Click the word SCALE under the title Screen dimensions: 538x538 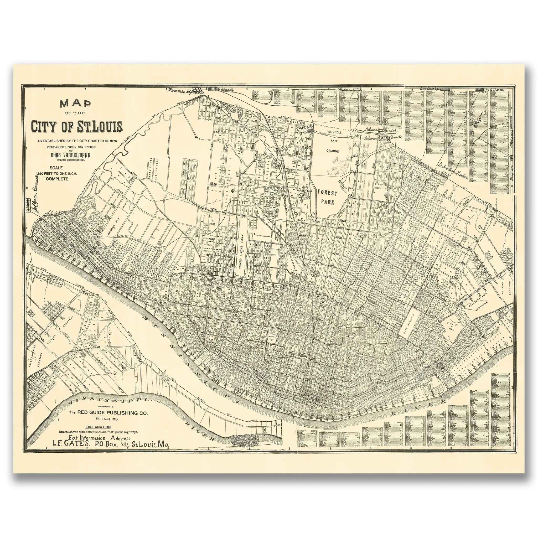56,168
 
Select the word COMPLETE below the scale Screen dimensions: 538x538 57,179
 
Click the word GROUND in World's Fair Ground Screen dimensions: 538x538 333,151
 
